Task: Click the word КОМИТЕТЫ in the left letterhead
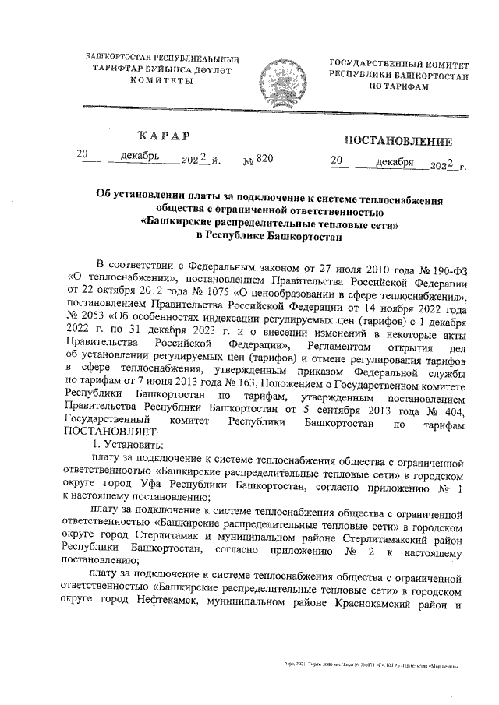point(161,80)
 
